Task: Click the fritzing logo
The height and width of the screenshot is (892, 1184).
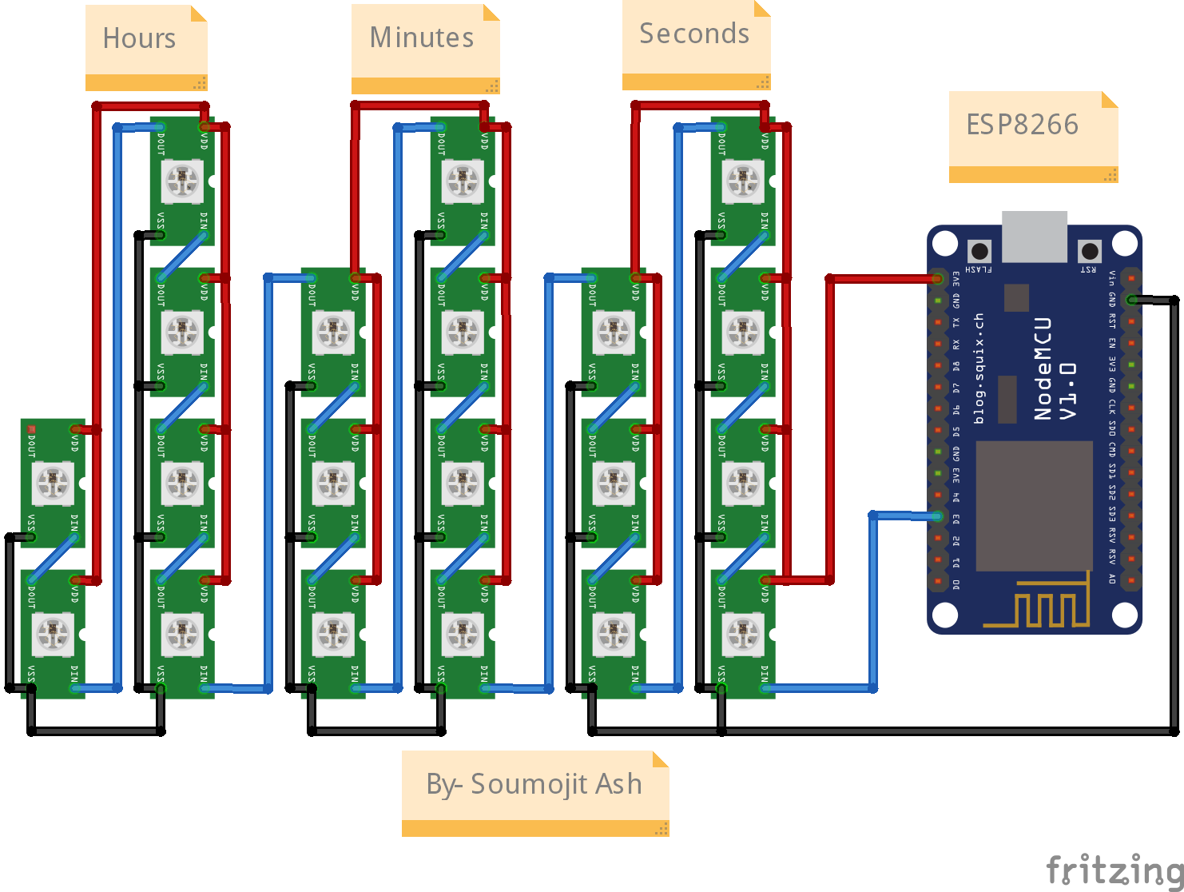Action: tap(1114, 869)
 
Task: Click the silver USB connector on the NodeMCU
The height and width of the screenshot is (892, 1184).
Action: tap(1035, 236)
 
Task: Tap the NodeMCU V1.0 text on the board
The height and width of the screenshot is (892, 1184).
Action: tap(1055, 368)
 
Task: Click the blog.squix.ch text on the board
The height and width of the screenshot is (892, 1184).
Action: tap(979, 368)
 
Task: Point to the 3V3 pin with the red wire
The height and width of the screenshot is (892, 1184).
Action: tap(938, 279)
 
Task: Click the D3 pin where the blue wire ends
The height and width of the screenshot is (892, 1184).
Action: tap(938, 517)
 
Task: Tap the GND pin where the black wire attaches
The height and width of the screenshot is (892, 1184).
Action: tap(1131, 300)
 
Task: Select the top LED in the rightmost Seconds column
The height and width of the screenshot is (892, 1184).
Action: tap(743, 181)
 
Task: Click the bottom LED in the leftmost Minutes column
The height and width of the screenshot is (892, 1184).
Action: tap(333, 634)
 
